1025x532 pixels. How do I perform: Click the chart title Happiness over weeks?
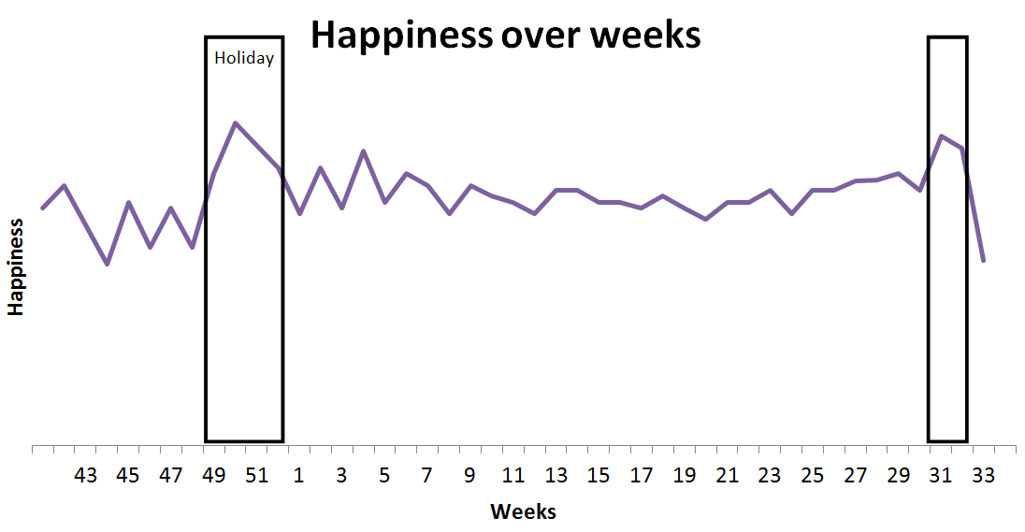pos(505,35)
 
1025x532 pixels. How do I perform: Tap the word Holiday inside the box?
pos(244,58)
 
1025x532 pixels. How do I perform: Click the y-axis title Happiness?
pos(16,266)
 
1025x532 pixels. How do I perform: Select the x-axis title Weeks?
pos(523,511)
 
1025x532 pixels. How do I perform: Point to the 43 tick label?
pos(85,475)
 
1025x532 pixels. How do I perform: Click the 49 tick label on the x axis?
pos(214,475)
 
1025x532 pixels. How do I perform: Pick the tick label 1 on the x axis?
pos(299,475)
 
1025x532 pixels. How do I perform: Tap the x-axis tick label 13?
pos(556,475)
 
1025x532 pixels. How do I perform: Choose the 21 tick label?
pos(728,475)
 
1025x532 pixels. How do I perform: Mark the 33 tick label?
pos(984,475)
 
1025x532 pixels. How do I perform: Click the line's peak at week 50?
pos(235,122)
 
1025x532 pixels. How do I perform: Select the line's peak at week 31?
pos(942,136)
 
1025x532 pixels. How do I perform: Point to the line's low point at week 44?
pos(107,264)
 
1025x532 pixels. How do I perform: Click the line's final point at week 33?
pos(984,260)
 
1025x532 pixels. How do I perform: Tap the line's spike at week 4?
pos(363,151)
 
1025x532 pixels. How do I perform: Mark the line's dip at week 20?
pos(705,219)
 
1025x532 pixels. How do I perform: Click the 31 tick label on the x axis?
pos(941,475)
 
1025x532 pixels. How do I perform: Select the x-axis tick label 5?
pos(384,475)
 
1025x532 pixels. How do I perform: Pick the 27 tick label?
pos(856,475)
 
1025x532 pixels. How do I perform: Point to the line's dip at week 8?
pos(449,213)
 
